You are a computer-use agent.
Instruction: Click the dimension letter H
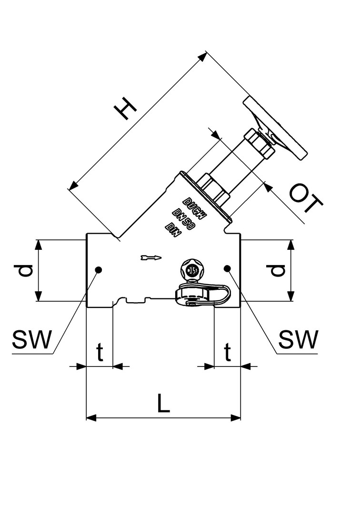coord(126,109)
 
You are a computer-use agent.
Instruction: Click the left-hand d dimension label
coord(25,270)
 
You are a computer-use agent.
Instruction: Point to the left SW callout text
coord(31,340)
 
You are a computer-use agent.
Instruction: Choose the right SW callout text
coord(298,340)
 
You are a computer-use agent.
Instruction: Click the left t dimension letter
coord(100,353)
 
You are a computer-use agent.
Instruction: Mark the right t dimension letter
coord(228,353)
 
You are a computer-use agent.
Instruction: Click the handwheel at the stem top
coord(275,128)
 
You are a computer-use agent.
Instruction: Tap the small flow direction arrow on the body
coord(151,258)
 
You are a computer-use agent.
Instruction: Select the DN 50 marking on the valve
coord(183,220)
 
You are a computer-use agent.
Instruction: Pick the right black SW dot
coord(228,269)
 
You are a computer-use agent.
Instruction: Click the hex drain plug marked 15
coord(193,271)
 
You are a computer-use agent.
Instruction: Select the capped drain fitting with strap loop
coord(202,295)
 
